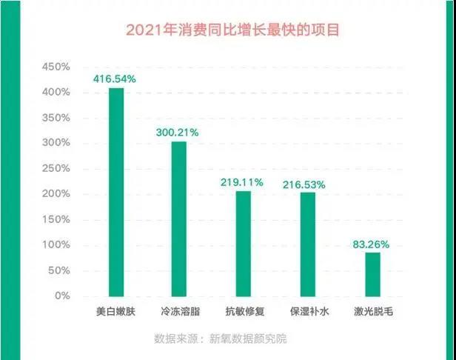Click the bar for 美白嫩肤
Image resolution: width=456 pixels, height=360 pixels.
pos(116,192)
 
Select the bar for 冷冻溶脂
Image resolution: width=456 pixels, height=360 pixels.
pos(180,219)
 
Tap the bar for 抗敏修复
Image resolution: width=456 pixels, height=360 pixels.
pos(244,244)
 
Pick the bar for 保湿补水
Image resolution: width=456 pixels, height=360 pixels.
pos(308,244)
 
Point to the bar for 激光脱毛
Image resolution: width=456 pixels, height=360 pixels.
pos(372,274)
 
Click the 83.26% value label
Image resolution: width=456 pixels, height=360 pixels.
pos(372,243)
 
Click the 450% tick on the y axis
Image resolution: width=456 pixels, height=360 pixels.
pos(56,67)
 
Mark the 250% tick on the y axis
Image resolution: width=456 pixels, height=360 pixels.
pos(56,168)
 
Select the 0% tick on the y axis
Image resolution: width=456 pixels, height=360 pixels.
pos(61,296)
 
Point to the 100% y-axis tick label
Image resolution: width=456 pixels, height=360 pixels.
pos(56,244)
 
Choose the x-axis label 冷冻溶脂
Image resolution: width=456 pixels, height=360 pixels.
pos(180,313)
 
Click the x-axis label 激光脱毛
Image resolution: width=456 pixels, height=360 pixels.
pos(372,313)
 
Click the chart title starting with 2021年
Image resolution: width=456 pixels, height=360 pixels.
pos(227,31)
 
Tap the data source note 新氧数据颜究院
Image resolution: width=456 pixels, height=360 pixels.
pos(220,339)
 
